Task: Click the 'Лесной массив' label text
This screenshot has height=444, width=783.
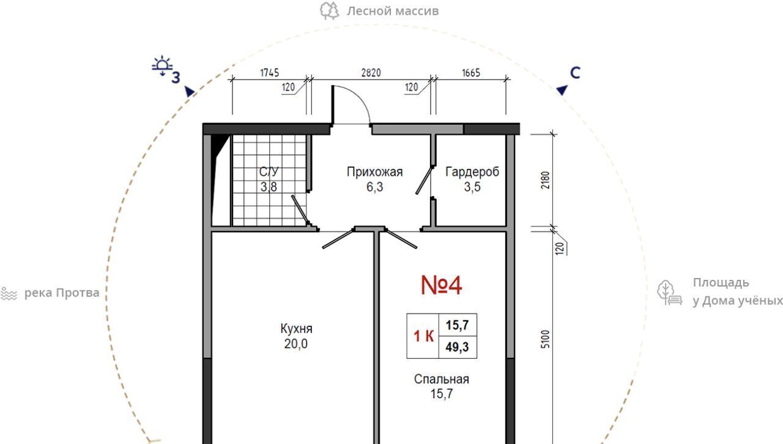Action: (393, 11)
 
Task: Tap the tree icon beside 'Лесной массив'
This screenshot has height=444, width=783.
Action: (329, 11)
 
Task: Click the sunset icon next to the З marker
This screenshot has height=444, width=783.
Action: (162, 66)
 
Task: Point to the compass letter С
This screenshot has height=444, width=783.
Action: (575, 73)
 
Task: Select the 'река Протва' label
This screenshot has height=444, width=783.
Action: (62, 293)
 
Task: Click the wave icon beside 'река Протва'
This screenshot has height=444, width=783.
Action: (9, 294)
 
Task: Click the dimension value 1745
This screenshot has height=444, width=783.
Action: (270, 73)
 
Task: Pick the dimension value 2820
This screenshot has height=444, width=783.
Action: (371, 73)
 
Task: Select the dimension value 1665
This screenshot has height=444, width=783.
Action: (471, 73)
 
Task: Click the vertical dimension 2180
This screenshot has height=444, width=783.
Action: (545, 180)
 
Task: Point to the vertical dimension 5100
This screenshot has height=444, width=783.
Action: (545, 339)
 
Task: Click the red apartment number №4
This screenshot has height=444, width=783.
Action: (441, 285)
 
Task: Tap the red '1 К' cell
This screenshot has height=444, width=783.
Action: (423, 336)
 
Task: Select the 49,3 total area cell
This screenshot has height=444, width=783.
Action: (458, 347)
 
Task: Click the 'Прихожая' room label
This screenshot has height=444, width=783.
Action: (375, 172)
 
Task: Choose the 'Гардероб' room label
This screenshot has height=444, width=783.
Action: (472, 172)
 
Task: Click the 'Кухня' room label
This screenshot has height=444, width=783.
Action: (296, 328)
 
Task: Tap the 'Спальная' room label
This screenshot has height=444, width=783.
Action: (442, 379)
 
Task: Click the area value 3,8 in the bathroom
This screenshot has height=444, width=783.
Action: (269, 187)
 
